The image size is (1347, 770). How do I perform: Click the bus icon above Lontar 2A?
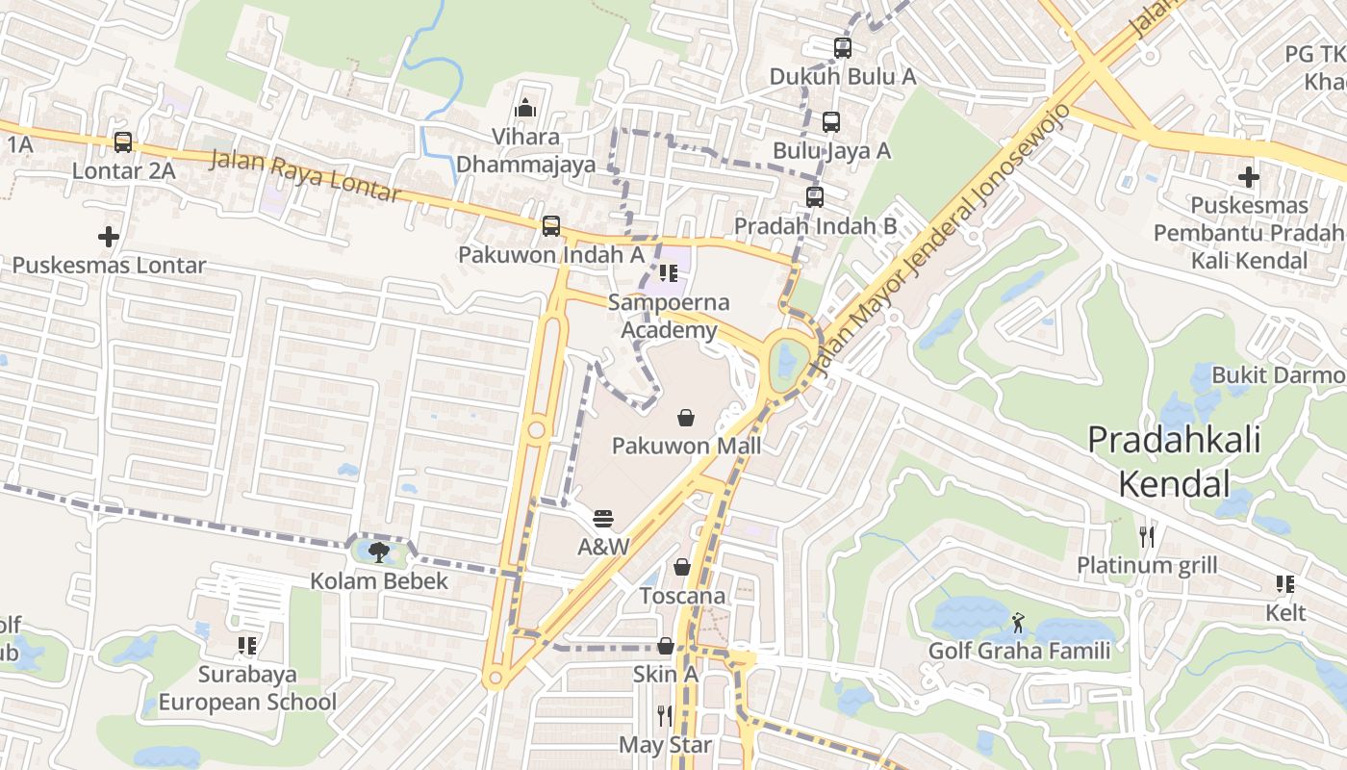coord(123,142)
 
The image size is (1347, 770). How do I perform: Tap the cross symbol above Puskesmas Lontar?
coord(109,236)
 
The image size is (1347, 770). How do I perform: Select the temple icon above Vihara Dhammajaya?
coord(524,107)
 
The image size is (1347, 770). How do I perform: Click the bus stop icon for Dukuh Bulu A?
coord(843,47)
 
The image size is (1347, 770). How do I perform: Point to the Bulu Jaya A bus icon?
coord(831,122)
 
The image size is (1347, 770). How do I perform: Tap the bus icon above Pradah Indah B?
coord(815,197)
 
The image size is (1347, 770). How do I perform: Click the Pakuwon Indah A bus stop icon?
coord(550,226)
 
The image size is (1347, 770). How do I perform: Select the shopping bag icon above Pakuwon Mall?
coord(686,417)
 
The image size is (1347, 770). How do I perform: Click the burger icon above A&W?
coord(603,519)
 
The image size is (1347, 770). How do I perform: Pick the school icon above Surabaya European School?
coord(247,646)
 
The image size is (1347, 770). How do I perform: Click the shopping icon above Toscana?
coord(682,567)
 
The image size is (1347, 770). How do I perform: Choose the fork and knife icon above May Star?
coord(664,715)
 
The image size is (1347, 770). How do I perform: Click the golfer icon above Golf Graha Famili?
coord(1019,623)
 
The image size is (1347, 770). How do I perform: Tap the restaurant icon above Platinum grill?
coord(1146,536)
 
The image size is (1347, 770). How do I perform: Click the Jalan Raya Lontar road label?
coord(304,176)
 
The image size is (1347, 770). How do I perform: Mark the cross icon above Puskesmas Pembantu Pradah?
coord(1248,177)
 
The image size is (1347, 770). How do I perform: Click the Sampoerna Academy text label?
coord(669,316)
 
